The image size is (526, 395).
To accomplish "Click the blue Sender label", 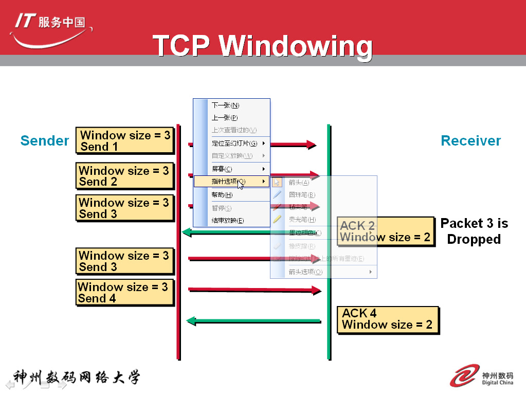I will coord(45,141).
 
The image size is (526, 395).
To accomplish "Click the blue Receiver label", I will coord(470,141).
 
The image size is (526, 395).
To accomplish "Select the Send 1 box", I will coord(125,141).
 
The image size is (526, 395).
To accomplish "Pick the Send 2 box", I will coord(124,176).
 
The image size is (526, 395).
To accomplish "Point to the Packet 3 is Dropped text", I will coord(474,231).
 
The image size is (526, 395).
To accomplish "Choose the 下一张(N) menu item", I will coord(226,105).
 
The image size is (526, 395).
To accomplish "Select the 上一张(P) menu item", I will coord(225,118).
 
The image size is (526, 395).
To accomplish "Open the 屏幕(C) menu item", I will coord(222,169).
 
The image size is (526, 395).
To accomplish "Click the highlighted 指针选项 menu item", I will coord(229,182).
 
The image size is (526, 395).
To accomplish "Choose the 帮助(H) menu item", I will coord(222,195).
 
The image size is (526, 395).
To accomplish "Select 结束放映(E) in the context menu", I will coord(228,221).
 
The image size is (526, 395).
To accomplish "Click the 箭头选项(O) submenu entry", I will coord(305,272).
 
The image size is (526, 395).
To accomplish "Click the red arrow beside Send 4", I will coord(255,291).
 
